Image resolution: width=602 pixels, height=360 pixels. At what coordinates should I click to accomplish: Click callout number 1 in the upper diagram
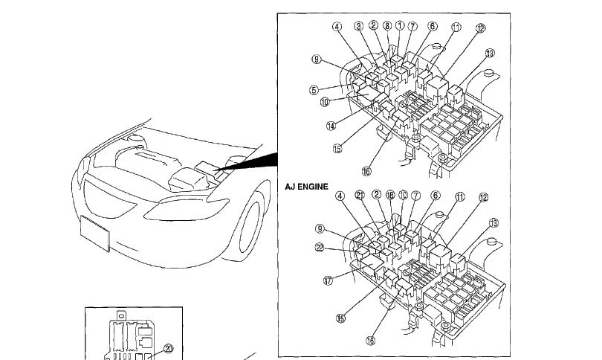[400, 25]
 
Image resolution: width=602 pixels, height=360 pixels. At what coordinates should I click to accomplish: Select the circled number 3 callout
[359, 26]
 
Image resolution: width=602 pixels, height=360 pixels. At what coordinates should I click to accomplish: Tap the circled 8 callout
[387, 25]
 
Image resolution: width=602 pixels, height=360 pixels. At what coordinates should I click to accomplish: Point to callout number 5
[314, 90]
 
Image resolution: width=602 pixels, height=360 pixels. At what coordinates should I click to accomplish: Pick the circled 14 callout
[331, 126]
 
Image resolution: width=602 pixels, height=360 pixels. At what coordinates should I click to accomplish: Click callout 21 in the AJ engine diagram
[360, 196]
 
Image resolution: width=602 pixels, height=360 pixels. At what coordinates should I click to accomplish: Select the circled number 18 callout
[389, 196]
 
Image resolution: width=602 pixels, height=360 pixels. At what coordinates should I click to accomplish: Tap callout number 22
[320, 248]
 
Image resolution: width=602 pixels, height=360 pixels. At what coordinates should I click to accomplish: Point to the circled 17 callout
[327, 281]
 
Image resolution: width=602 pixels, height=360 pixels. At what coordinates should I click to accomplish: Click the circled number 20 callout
[168, 347]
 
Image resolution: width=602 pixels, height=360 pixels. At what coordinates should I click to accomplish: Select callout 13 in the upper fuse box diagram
[489, 54]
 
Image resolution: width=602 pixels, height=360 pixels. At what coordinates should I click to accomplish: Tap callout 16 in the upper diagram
[366, 170]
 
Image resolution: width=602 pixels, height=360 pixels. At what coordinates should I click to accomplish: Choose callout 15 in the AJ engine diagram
[340, 318]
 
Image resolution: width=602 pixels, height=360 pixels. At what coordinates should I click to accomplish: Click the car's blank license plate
[95, 232]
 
